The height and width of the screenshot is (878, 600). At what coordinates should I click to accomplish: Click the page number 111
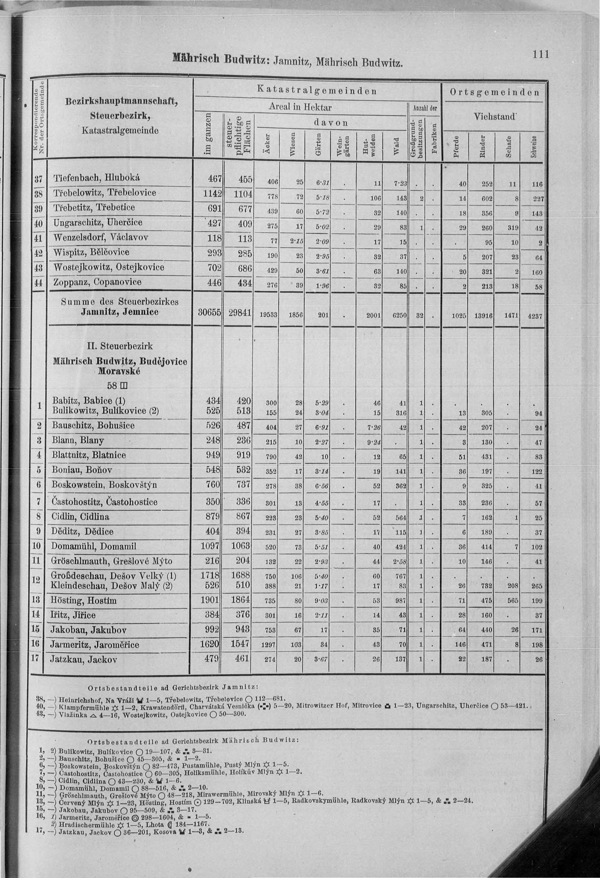[540, 55]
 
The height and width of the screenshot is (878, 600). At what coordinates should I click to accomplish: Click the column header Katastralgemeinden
[317, 91]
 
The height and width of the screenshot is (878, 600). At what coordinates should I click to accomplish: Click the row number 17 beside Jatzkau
[35, 658]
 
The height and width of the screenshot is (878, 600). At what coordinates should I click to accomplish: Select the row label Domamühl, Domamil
[93, 546]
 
